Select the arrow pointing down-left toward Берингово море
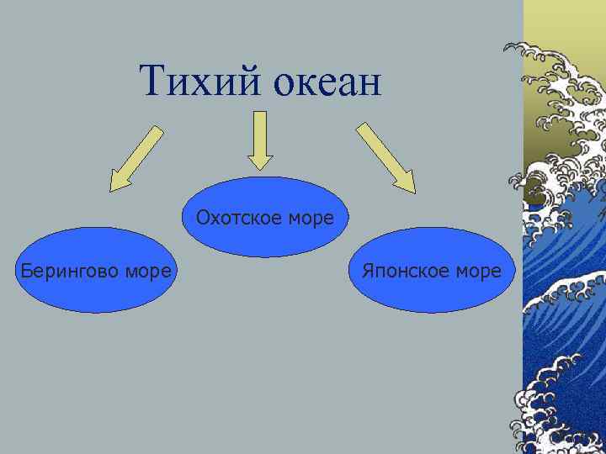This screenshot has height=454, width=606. [136, 157]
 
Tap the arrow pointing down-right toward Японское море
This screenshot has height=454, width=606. [385, 157]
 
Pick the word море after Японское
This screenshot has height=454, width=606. [477, 271]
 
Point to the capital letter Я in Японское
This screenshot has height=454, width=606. [367, 271]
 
